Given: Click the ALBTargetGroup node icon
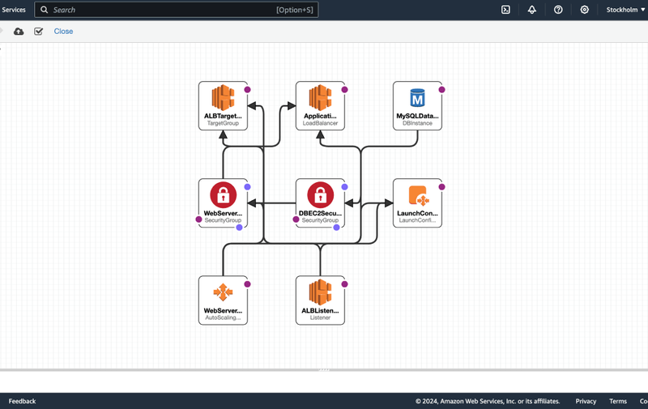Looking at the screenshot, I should coord(223,99).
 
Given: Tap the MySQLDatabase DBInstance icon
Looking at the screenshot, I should coord(417,99).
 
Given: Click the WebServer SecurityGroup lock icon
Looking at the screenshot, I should coord(223,195).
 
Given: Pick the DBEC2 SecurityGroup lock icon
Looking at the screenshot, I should coord(320,195).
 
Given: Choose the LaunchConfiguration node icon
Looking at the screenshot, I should coord(417,196).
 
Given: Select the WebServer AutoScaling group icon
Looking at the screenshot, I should coord(223,293).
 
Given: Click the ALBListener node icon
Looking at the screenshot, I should coord(320,293).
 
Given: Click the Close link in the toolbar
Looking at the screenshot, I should coord(63,32).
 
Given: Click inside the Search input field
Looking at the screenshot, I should coord(162,10).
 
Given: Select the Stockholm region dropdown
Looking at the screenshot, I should coord(625,10).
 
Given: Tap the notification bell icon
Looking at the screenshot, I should coord(532,10).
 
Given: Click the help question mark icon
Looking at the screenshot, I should coord(558,10).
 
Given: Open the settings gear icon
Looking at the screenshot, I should coord(585,10).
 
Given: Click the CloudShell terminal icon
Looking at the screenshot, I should coord(505,10).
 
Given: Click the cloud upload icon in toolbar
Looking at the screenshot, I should coord(19,32).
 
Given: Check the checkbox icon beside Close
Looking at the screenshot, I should coord(39,32).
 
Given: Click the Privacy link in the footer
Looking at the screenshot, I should coord(586,401).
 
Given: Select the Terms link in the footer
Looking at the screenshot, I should coord(618,401).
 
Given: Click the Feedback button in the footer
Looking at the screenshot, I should coord(23,401).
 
